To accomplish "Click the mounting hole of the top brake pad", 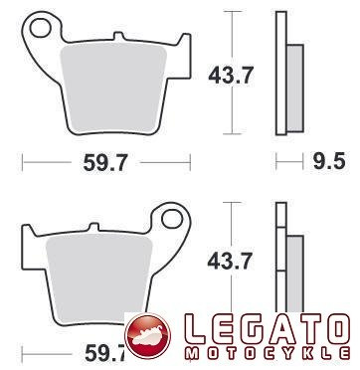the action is [x=41, y=28].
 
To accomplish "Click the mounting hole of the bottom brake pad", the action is [x=172, y=219].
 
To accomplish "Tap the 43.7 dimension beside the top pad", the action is [x=231, y=76].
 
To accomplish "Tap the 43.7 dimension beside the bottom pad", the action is [x=230, y=261].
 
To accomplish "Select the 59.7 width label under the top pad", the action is [x=105, y=163].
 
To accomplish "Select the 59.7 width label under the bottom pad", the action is [x=105, y=353].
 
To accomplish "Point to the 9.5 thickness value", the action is [x=329, y=161].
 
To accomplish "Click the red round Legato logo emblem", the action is [x=147, y=336].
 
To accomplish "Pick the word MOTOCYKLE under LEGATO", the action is [x=268, y=353].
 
